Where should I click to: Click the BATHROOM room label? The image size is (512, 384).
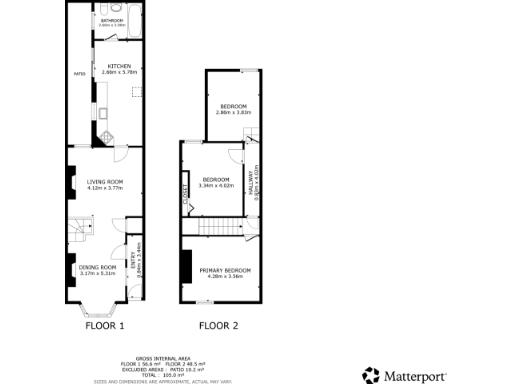coord(112,20)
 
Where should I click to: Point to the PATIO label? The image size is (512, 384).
coord(79,74)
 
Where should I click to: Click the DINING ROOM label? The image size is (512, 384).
coord(98,267)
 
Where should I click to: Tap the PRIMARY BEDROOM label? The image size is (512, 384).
coord(224,271)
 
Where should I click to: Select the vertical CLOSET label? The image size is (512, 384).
coord(187,196)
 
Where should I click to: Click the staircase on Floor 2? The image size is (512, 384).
coord(218,228)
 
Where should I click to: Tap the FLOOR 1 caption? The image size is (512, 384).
coord(105,326)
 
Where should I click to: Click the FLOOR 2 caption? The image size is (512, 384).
coord(218,326)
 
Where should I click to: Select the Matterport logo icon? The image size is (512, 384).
coord(370,376)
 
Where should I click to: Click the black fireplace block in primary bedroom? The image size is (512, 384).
coord(185,265)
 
